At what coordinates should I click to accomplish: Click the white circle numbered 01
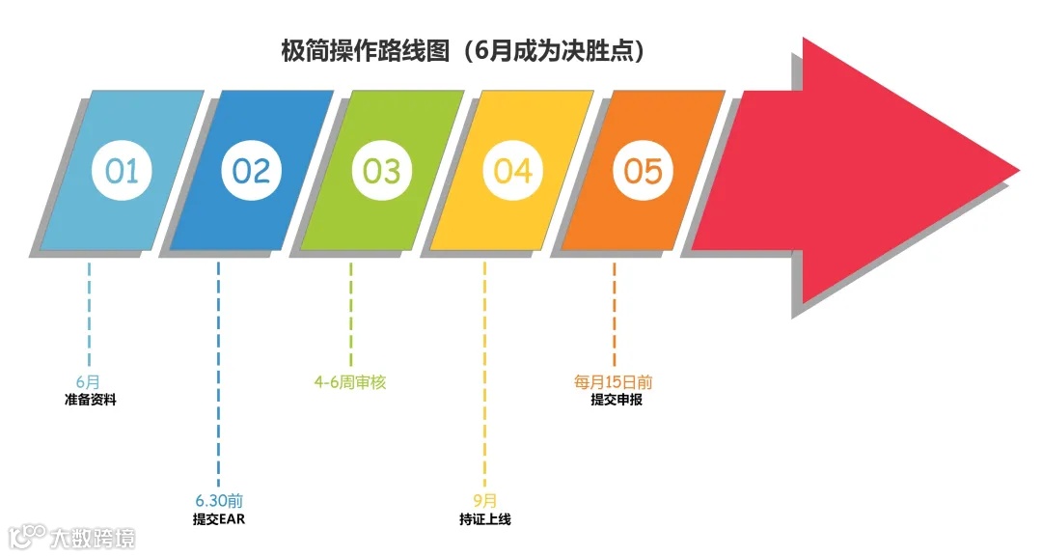(123, 171)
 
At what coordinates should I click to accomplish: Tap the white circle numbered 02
(252, 171)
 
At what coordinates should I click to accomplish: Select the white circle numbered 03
(381, 171)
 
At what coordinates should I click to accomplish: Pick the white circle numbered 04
(512, 171)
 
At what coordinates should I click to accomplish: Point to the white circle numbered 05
(643, 171)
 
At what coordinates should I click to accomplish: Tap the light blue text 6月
(88, 382)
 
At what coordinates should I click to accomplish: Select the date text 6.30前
(219, 501)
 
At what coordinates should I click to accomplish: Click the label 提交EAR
(219, 519)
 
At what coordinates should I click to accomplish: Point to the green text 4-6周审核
(350, 382)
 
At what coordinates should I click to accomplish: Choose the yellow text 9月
(485, 501)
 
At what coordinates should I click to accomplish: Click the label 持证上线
(485, 519)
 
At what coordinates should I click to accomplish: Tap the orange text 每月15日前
(614, 382)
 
